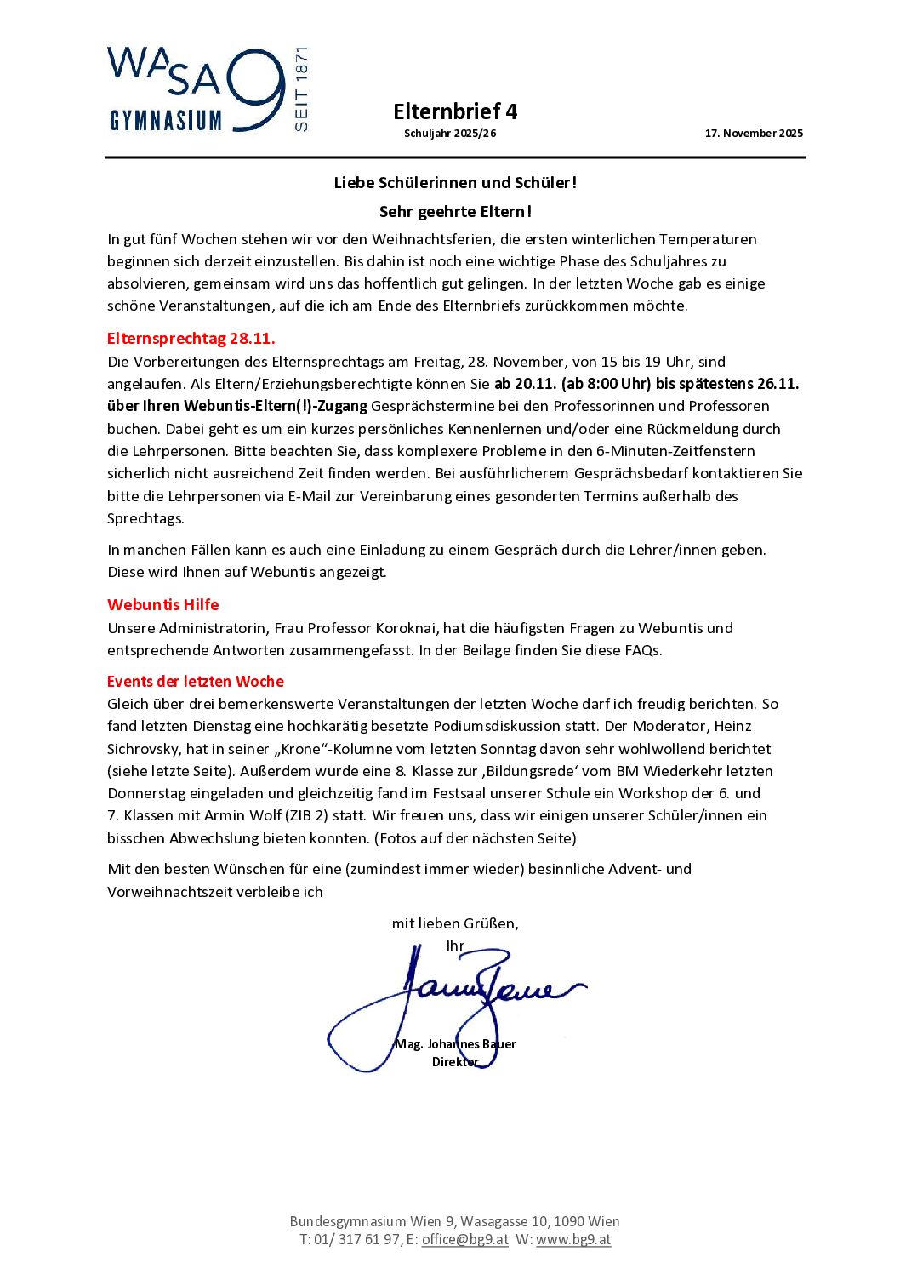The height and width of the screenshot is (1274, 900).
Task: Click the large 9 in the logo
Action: [256, 89]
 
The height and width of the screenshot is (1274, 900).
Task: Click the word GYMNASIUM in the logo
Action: [166, 121]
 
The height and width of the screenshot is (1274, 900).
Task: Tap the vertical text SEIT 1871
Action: [301, 89]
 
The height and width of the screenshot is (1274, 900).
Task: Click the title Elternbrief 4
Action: [454, 111]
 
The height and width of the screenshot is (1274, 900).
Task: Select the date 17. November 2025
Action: [754, 134]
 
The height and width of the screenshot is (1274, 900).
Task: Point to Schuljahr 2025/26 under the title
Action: [450, 134]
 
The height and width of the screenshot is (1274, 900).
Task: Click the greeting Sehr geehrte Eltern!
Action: [455, 212]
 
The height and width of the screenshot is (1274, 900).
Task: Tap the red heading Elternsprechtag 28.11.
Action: [191, 339]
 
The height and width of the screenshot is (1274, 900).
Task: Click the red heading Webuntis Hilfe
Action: [163, 605]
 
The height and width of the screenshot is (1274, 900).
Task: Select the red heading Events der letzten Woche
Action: [196, 682]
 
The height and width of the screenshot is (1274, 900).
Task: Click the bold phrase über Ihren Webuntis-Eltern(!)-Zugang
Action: [237, 407]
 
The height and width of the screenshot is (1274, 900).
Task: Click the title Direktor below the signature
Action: [455, 1062]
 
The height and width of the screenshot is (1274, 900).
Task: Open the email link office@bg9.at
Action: [465, 1240]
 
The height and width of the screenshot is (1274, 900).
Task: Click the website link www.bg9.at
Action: [573, 1240]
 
